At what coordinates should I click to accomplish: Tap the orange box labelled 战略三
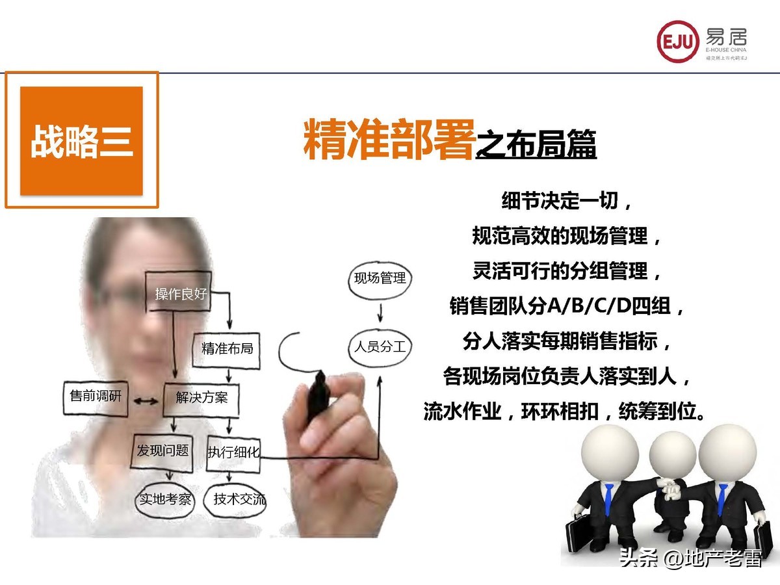[81, 140]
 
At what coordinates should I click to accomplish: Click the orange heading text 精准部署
[388, 138]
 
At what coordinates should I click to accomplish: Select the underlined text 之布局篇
[536, 145]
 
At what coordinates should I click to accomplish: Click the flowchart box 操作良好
[181, 294]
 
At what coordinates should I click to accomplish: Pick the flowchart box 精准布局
[227, 348]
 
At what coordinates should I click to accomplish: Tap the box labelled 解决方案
[201, 397]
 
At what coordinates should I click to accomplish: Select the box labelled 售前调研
[96, 395]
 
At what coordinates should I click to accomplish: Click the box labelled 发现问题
[162, 450]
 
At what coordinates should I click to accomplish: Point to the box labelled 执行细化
[233, 452]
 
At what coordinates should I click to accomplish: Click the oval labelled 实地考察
[166, 499]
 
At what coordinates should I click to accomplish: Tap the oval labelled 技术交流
[239, 499]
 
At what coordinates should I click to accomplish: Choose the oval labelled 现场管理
[380, 278]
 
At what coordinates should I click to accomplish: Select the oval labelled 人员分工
[380, 346]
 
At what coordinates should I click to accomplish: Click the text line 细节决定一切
[566, 201]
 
